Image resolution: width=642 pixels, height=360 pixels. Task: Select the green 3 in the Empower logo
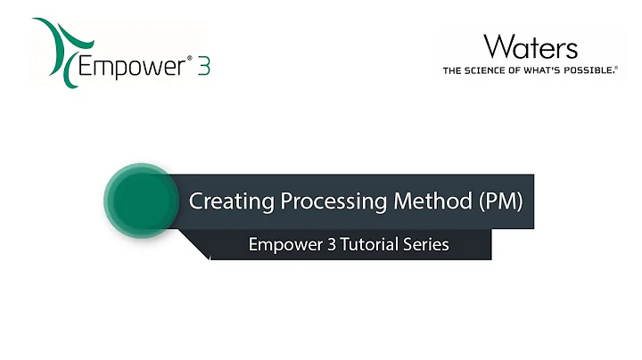coord(202,67)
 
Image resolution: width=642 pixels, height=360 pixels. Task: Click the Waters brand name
coord(530,46)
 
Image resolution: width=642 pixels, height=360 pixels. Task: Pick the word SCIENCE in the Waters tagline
coord(487,70)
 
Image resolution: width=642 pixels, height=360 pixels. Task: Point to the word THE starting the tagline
coord(453,70)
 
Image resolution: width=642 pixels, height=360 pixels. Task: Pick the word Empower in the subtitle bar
coord(287,244)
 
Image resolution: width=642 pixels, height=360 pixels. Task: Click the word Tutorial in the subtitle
coord(374,244)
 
